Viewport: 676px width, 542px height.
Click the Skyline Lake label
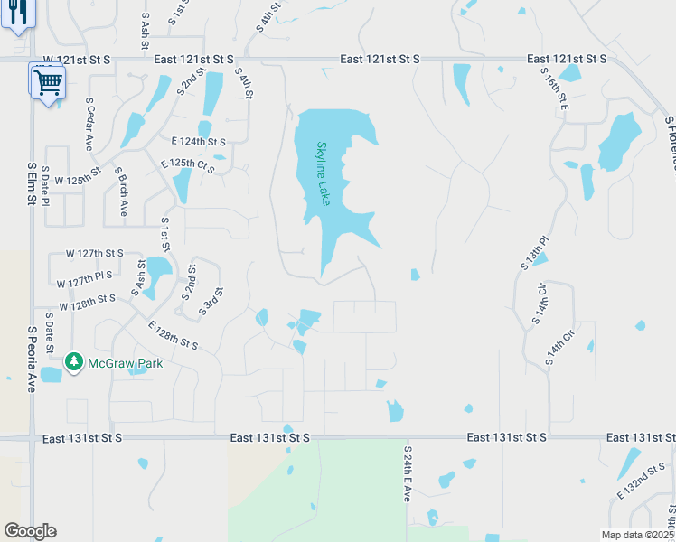(x=324, y=173)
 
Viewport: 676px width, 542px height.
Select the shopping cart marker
(x=48, y=85)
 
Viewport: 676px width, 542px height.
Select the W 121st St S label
(x=77, y=59)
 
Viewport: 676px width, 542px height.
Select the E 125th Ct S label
(x=187, y=166)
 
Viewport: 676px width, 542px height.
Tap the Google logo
(x=30, y=531)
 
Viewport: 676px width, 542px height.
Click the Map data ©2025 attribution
(x=638, y=535)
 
